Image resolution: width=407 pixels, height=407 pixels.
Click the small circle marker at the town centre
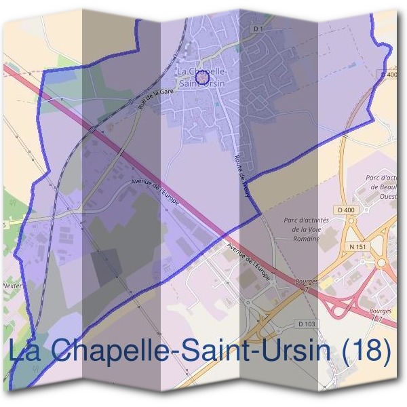201,77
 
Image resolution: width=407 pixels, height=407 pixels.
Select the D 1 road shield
257,29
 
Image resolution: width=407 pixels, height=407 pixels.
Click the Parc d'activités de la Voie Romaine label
306,229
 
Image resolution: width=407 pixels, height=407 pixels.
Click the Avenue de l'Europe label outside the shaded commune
250,261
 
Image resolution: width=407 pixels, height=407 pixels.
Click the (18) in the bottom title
366,351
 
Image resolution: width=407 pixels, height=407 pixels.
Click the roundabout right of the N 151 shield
382,263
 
